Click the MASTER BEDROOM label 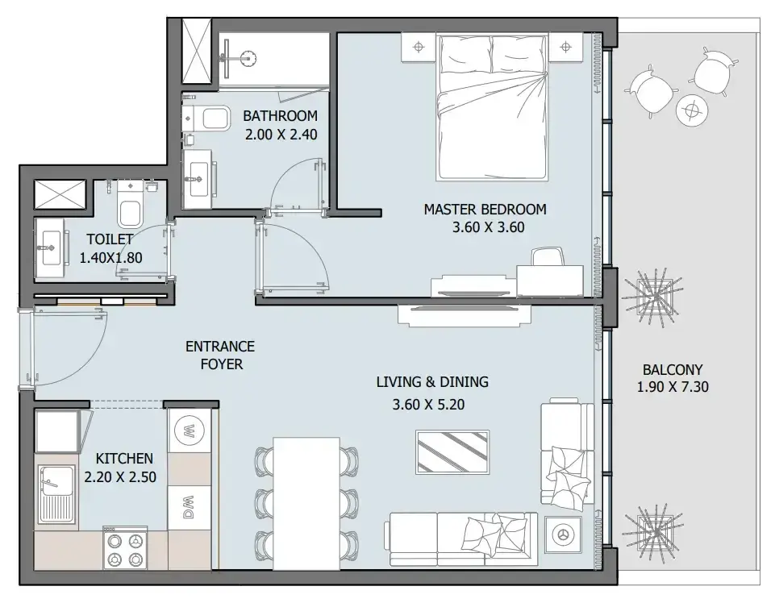[x=485, y=209]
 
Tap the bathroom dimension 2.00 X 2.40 [x=281, y=135]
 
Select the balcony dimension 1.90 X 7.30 [x=673, y=386]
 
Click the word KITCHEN [x=124, y=459]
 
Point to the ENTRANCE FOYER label [x=220, y=356]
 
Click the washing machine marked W [x=189, y=430]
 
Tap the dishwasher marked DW [x=189, y=507]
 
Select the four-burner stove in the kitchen [x=125, y=548]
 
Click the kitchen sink [x=56, y=494]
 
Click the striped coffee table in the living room [x=452, y=451]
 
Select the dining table [x=306, y=503]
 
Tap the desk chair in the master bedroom [x=548, y=257]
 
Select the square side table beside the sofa [x=562, y=534]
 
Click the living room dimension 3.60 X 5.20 [x=428, y=405]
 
